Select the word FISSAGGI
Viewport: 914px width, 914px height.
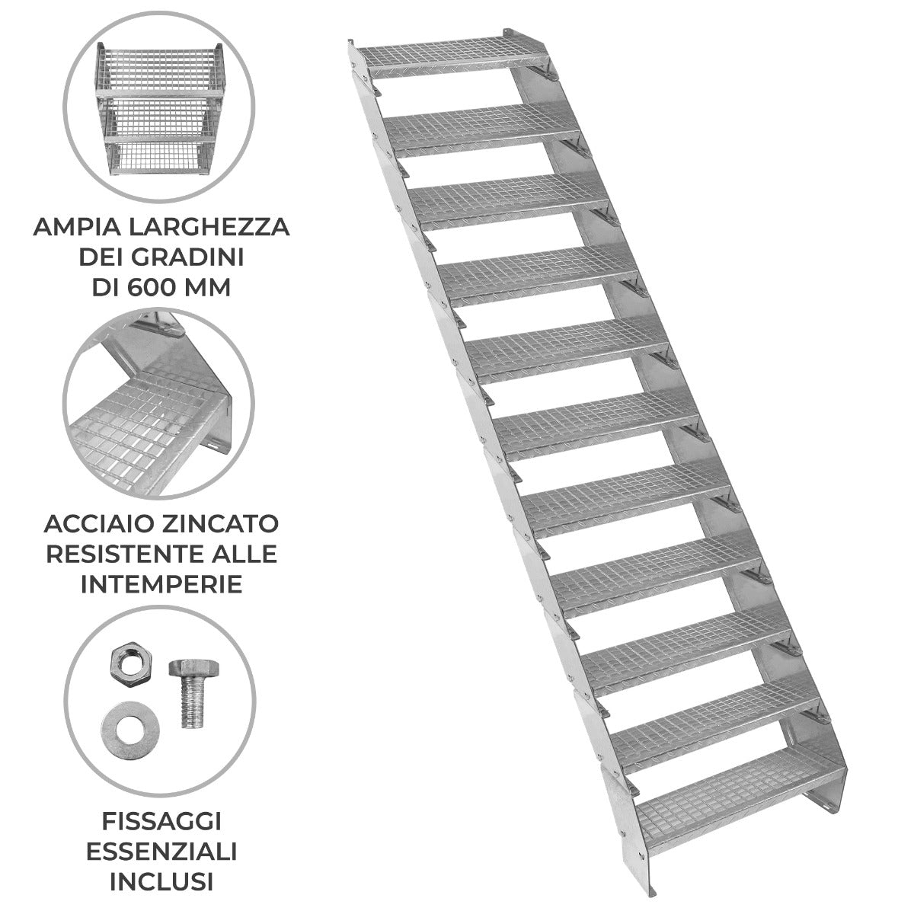161,821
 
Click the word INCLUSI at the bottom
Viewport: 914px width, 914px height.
161,882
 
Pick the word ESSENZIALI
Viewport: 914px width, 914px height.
161,852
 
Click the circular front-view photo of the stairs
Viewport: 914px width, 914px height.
161,107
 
